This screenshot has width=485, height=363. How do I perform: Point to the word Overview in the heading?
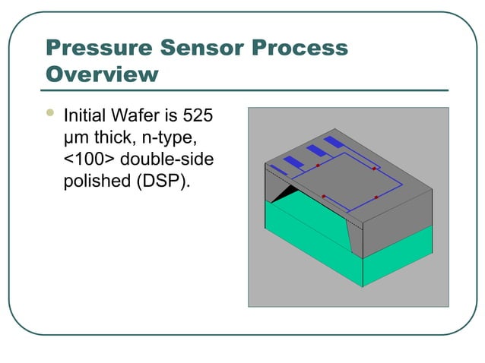tap(103, 74)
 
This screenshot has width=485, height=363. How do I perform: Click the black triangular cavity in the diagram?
tap(284, 197)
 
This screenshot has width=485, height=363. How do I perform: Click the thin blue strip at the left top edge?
tap(278, 169)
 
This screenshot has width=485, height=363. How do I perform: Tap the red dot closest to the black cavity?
tap(324, 197)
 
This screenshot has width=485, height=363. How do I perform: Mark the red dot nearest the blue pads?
tap(318, 166)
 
